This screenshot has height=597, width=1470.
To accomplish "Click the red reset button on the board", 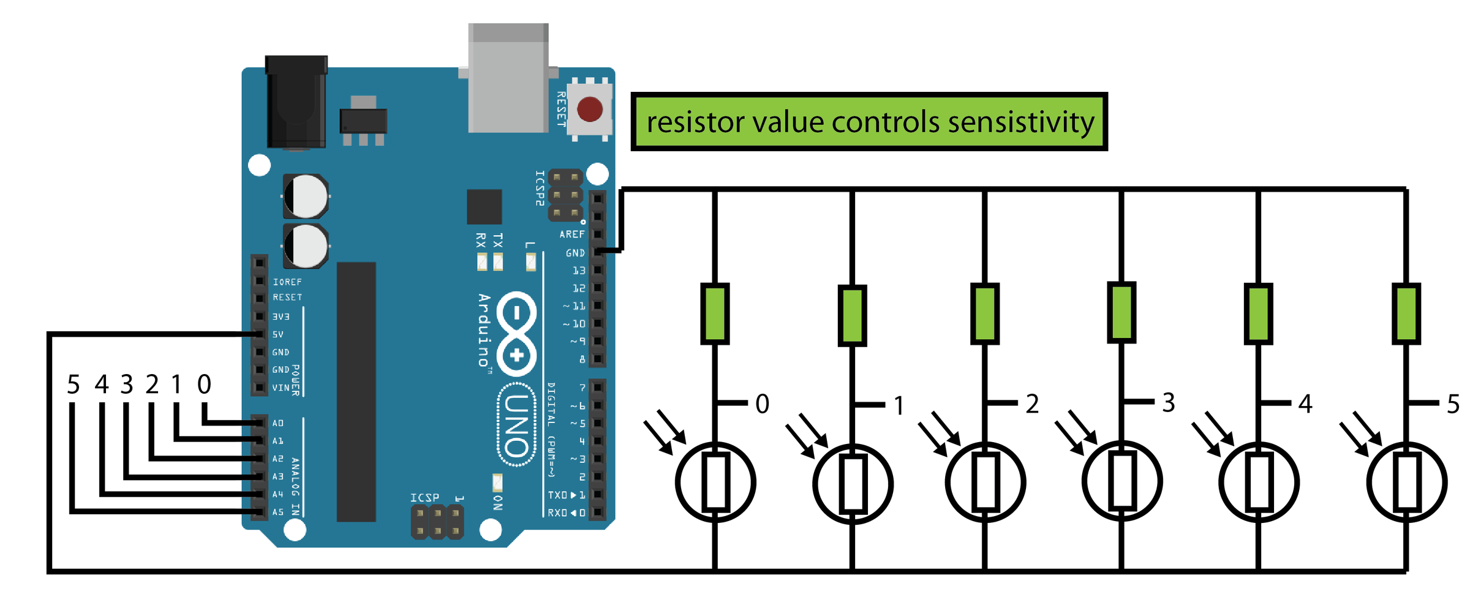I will click(590, 110).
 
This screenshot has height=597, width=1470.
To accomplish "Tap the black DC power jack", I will click(296, 101).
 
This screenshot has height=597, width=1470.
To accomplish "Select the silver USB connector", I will click(508, 78).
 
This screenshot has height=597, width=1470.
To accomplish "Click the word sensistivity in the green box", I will click(1020, 122).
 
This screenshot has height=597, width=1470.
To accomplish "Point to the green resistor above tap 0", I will click(715, 314).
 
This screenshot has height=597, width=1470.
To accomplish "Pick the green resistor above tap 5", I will click(1406, 314).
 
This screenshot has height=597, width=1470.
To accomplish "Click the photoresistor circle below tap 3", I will click(1122, 481).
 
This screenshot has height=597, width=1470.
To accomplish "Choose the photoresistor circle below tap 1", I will click(853, 484).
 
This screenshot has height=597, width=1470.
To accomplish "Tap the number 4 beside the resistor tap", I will click(1305, 404).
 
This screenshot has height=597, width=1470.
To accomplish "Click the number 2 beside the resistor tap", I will click(1032, 404).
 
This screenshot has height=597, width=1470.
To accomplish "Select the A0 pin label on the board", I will click(278, 423).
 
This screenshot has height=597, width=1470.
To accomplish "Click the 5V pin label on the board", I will click(278, 334).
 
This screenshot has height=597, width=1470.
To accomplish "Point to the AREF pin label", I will click(571, 235).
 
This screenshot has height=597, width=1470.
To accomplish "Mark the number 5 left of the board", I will click(73, 385).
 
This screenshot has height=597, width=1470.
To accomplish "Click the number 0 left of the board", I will click(204, 385).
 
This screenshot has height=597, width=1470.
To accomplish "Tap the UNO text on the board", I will click(516, 425).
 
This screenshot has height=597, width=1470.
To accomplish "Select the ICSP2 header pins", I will click(565, 195).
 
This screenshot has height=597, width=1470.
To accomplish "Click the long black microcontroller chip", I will click(356, 392).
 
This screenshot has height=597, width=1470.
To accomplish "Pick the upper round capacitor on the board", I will click(306, 197).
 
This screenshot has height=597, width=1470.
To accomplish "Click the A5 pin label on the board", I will click(278, 512).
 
